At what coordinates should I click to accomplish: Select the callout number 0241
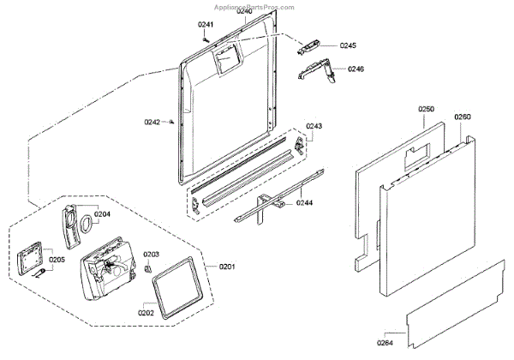(x=206, y=25)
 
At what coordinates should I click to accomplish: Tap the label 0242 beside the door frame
(x=152, y=122)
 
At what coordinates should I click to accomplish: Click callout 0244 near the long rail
(x=306, y=203)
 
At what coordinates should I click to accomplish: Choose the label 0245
(x=348, y=45)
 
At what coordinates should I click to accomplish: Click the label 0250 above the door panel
(x=427, y=109)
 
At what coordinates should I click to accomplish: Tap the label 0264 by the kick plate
(x=389, y=344)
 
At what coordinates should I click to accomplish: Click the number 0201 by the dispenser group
(x=227, y=267)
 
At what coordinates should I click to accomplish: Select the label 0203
(x=152, y=255)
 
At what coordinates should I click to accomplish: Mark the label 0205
(x=57, y=260)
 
